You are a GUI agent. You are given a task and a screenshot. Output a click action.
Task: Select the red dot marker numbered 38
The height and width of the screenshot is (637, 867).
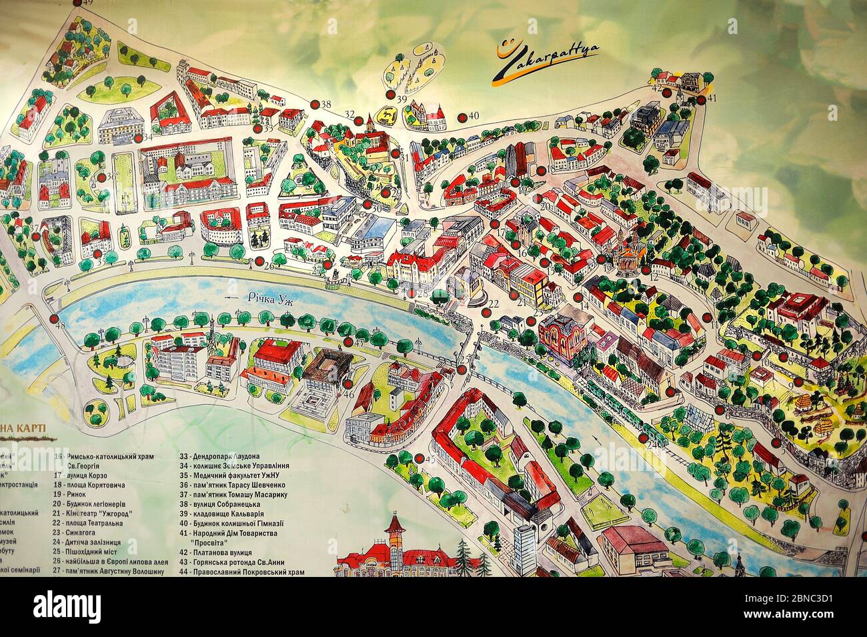(314, 105)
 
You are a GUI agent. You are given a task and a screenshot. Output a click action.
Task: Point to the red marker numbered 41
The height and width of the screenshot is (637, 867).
(702, 100)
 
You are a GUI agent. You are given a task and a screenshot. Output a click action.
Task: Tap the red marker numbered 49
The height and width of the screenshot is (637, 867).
(79, 3)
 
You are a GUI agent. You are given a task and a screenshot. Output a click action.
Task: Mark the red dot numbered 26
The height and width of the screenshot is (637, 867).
(257, 264)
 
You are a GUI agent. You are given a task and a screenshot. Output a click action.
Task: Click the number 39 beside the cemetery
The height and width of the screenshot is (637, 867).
(401, 99)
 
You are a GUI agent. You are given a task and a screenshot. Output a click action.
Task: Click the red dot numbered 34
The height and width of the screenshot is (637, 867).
(138, 137)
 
